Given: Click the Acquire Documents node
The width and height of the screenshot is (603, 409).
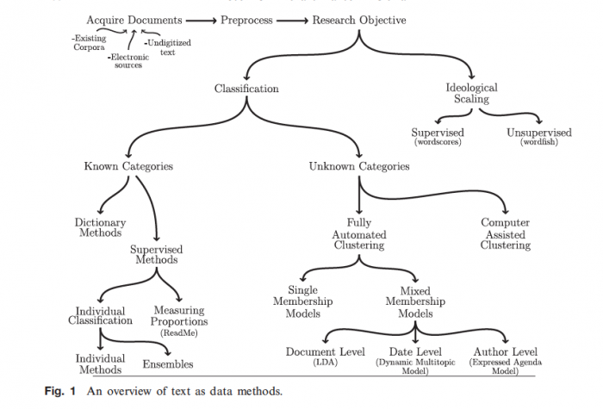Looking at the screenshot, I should pos(134,20).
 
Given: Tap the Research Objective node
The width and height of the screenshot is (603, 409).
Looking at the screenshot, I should pos(359,20).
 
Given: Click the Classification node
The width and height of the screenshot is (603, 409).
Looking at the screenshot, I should pos(246,88).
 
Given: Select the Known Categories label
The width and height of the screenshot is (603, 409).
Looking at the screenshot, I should pos(128,166).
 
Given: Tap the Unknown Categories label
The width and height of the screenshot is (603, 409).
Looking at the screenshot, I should pos(358,166).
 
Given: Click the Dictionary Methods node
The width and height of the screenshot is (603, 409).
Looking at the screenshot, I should pos(100,228).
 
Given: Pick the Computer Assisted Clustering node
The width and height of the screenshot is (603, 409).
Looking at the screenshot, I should pos(506,233).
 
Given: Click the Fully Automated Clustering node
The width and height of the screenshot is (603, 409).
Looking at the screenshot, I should pos(359,233).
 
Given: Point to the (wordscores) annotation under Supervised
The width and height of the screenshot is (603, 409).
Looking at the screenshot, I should pos(438,142).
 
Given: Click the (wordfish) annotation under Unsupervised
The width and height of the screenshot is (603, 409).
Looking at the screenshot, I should pos(539,142).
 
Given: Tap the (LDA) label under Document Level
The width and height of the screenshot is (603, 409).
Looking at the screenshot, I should pos(326,362).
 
